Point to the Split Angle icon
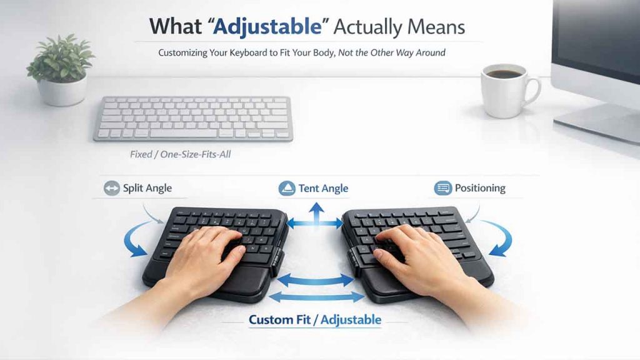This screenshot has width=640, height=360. pos(112,188)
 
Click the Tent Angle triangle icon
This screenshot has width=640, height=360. pos(287,188)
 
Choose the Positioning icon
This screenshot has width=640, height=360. pos(442,188)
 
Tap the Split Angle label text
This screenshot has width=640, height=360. pos(147,188)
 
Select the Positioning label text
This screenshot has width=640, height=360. pos(480,188)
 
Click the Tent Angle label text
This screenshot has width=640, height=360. pos(323,188)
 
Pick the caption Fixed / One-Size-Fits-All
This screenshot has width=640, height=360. pos(180,154)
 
